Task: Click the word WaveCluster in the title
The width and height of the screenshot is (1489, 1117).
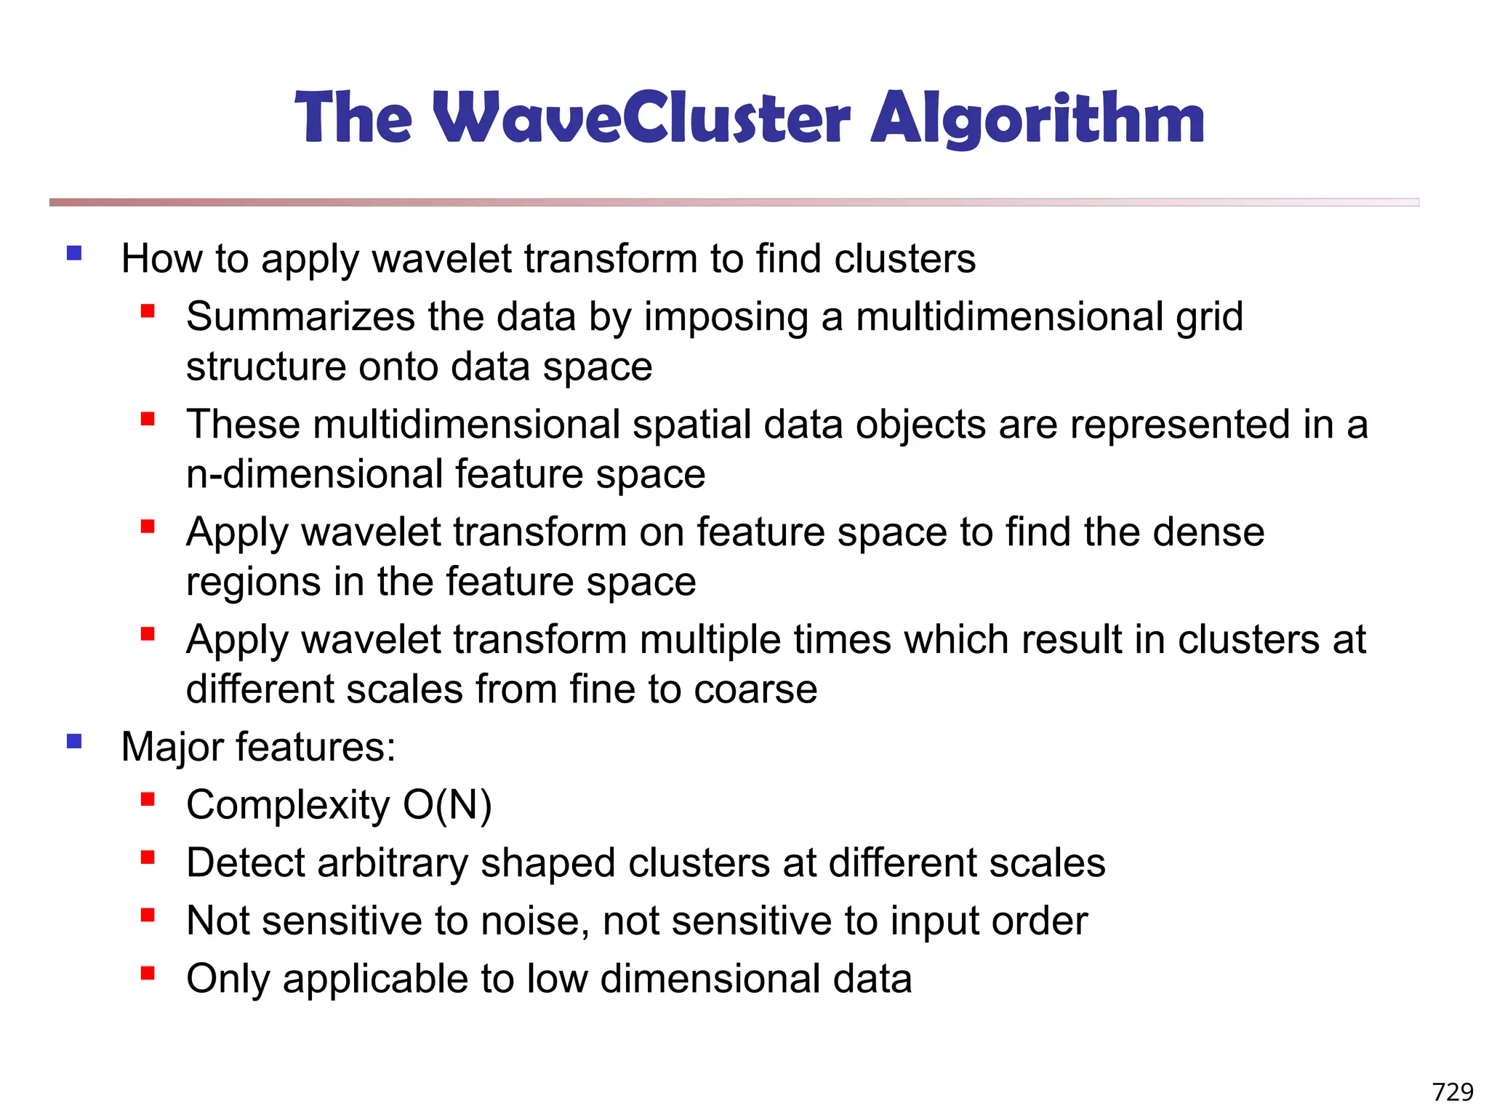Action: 641,118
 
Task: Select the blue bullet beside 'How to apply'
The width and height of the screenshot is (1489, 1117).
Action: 74,253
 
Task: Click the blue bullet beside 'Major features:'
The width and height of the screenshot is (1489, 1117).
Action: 74,741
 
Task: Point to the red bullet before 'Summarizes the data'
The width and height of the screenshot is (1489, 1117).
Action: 148,312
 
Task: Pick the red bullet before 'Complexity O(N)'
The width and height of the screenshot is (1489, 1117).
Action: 148,800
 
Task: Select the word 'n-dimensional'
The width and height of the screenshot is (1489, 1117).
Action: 315,474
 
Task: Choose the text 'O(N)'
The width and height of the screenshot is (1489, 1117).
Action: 447,805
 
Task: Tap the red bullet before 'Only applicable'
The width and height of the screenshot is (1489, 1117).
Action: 148,973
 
